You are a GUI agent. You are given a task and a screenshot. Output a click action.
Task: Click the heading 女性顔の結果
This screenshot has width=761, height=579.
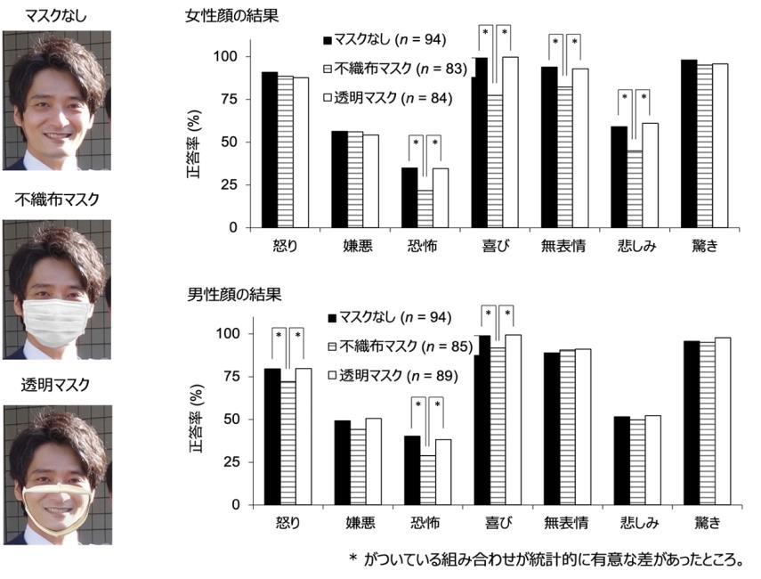coord(232,16)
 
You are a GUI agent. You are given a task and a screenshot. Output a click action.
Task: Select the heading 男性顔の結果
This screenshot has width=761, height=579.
coord(232,294)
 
